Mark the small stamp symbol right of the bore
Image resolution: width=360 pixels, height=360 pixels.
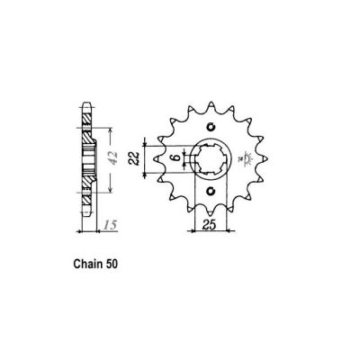pyautogui.click(x=244, y=159)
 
